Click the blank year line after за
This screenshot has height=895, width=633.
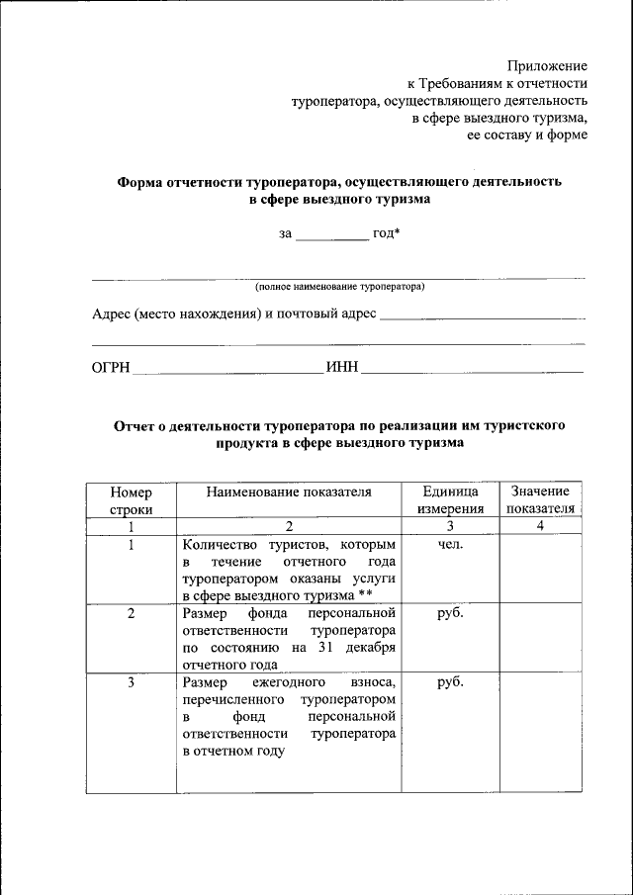332,234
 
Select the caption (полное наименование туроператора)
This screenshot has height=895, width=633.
339,287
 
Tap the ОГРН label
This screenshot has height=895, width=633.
111,368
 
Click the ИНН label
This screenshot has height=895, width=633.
340,368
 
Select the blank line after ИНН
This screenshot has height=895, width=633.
473,370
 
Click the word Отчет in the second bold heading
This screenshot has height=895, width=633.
135,426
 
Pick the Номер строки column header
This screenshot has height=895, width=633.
132,499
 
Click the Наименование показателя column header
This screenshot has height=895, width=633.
289,492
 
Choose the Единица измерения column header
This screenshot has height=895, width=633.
450,499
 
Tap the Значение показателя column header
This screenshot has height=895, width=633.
540,499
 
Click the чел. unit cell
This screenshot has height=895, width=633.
450,544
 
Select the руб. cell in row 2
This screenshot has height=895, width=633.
450,612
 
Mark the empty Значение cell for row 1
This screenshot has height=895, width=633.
540,570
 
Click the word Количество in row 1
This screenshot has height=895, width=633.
221,544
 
